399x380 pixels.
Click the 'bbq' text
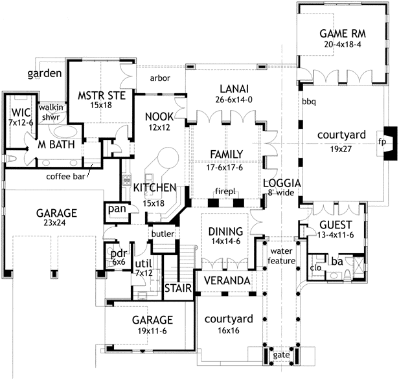[x=309, y=102]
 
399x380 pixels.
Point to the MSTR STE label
[x=96, y=96]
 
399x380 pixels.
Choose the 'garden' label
[x=45, y=73]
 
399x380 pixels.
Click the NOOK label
[x=159, y=116]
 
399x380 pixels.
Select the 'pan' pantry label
[x=117, y=208]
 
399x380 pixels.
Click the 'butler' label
[x=162, y=233]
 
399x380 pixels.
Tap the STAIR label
[x=176, y=287]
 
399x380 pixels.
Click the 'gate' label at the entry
[x=281, y=355]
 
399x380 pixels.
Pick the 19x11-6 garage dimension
[x=152, y=331]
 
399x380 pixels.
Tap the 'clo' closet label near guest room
[x=317, y=267]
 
